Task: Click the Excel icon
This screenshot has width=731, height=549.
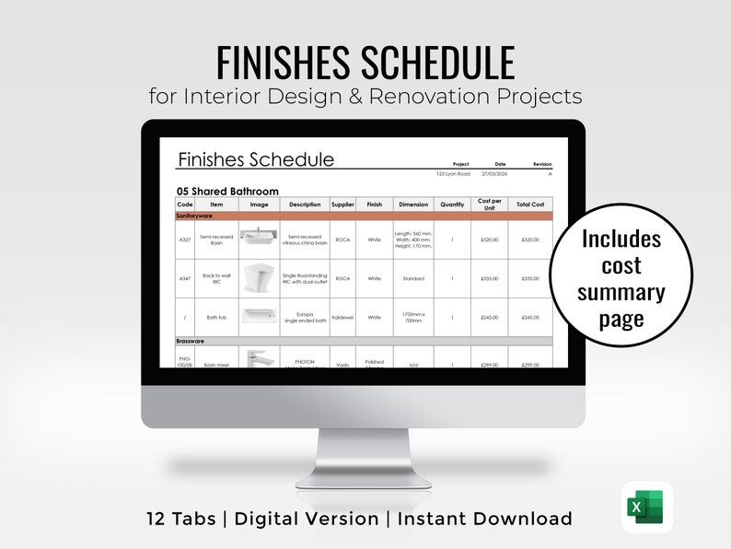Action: point(646,507)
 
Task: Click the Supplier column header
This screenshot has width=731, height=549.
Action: point(342,204)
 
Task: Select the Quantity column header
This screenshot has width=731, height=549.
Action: point(452,204)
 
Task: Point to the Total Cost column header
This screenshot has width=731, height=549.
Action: point(530,204)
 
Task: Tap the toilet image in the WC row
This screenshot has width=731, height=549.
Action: point(259,277)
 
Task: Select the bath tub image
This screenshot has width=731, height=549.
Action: point(259,317)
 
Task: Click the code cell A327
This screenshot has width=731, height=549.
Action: point(185,239)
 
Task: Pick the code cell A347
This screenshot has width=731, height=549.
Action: point(185,278)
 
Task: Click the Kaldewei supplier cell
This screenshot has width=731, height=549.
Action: point(342,318)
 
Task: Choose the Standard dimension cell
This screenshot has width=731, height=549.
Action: point(413,278)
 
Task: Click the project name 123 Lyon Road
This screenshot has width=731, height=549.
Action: point(453,173)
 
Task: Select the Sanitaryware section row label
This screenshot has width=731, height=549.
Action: point(195,215)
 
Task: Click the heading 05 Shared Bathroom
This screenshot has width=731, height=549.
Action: point(227,192)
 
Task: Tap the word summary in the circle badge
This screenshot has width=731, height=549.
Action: point(621,292)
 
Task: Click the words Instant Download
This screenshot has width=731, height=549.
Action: point(483,519)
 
